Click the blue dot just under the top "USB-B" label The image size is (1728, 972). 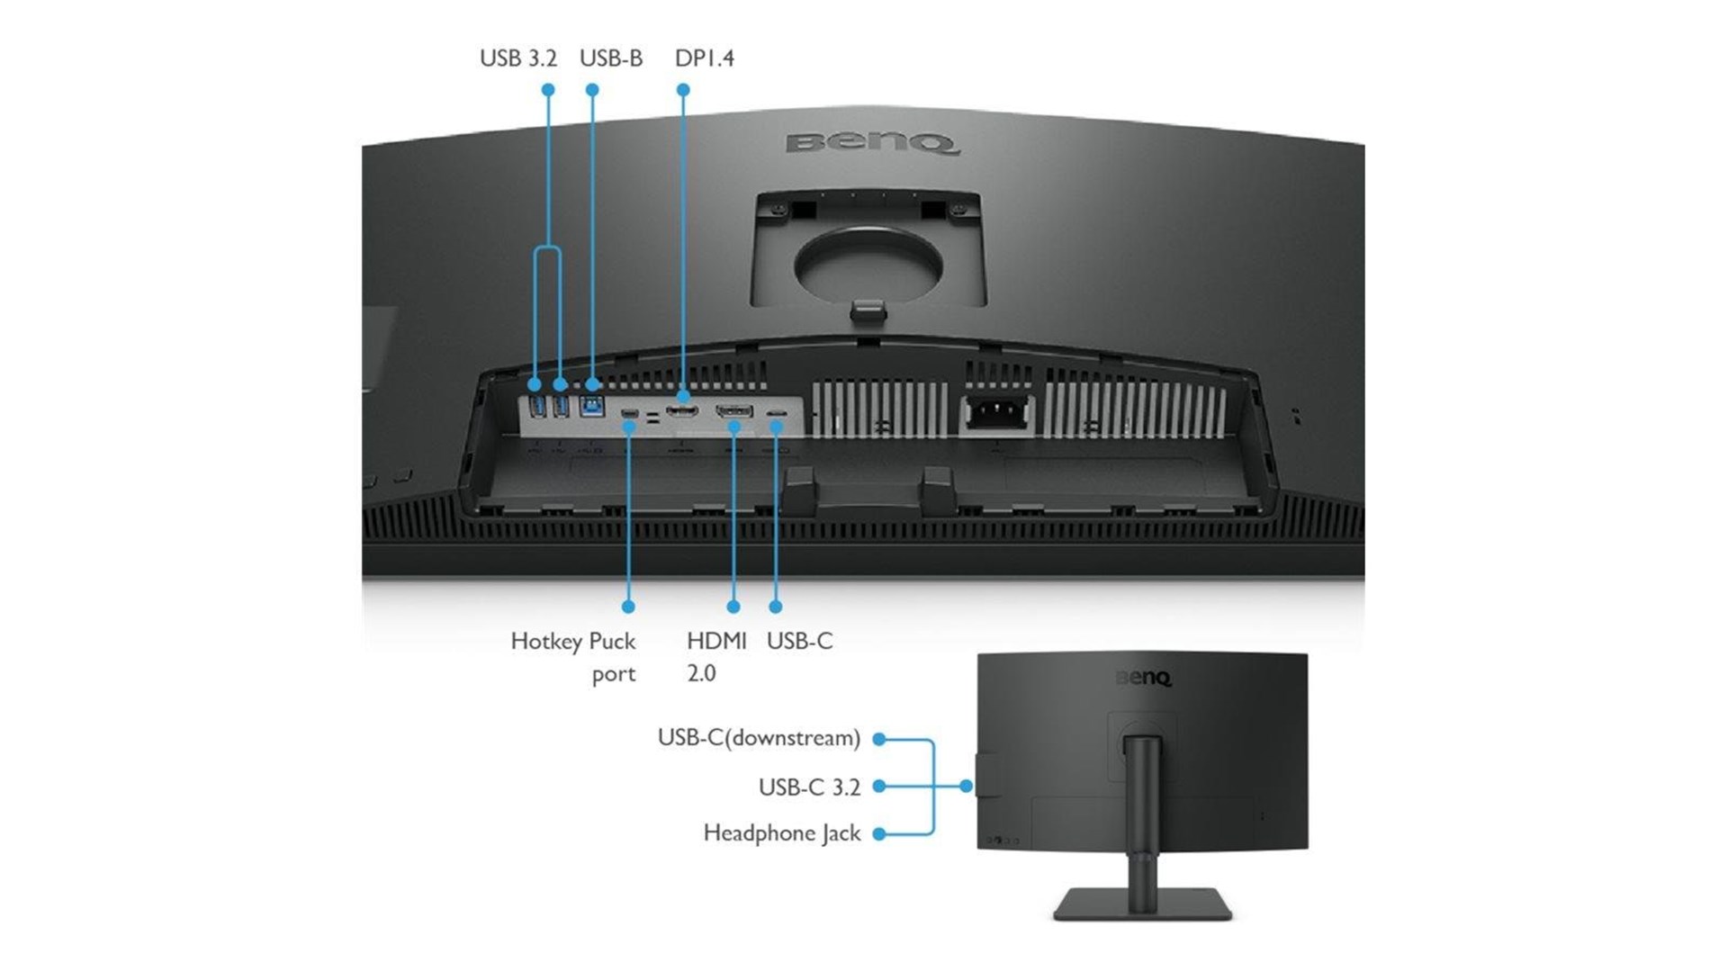(592, 90)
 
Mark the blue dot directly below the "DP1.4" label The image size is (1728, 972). (683, 90)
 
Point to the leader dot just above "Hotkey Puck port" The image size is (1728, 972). (628, 607)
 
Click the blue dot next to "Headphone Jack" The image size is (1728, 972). (879, 834)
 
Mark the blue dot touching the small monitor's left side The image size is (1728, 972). (966, 786)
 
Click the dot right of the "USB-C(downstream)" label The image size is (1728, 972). (879, 739)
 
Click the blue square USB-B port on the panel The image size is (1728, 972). (591, 407)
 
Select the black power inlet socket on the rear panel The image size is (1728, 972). (996, 413)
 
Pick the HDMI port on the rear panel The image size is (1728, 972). (734, 412)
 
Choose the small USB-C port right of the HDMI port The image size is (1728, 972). (776, 413)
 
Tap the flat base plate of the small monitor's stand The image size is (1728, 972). (1142, 904)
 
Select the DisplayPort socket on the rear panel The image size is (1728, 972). (682, 411)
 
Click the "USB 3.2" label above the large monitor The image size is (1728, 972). (518, 58)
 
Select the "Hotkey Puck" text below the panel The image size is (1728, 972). (573, 642)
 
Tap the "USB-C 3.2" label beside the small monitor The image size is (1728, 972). (809, 787)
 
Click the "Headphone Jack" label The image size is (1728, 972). (782, 833)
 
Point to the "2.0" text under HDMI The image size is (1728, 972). (701, 673)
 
